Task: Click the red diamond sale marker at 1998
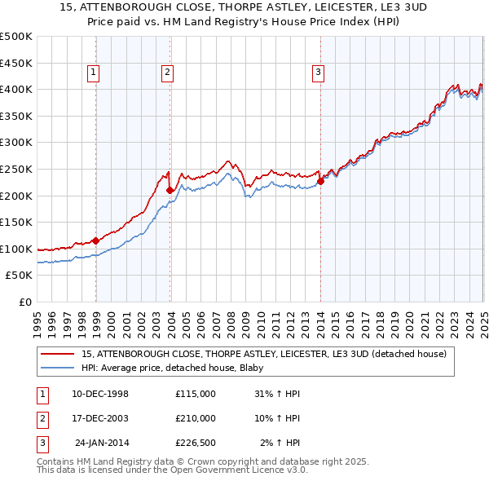click(x=95, y=240)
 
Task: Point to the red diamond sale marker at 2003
click(x=170, y=190)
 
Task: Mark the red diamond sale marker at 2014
click(x=320, y=181)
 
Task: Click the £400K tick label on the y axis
click(x=16, y=89)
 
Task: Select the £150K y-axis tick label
click(x=16, y=222)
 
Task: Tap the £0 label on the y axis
click(x=24, y=302)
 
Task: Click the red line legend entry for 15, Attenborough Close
click(x=263, y=355)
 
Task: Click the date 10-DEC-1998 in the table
click(x=100, y=394)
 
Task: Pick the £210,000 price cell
click(x=196, y=418)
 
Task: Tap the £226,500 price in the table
click(x=196, y=443)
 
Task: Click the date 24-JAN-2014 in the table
click(x=102, y=443)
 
